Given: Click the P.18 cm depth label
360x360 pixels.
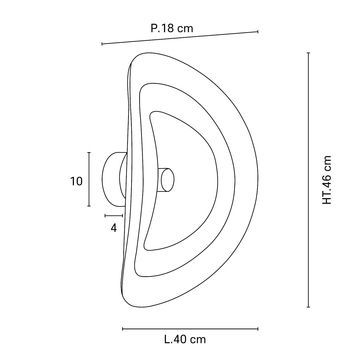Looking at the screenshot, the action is click(172, 28).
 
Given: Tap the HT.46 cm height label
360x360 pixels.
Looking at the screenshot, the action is click(327, 180).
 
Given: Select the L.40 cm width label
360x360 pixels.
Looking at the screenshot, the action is click(185, 340).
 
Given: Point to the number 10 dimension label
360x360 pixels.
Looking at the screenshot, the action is click(76, 181).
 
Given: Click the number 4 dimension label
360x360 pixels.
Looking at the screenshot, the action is click(114, 228).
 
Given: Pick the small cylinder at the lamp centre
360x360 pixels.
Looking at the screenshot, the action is click(166, 180).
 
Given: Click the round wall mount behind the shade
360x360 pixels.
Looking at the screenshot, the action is click(114, 179).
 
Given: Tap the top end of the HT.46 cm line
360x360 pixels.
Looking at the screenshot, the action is click(308, 53).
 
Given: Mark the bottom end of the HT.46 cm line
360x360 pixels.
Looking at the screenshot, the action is click(308, 307).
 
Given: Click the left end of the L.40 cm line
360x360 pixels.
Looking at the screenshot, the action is click(123, 329).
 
